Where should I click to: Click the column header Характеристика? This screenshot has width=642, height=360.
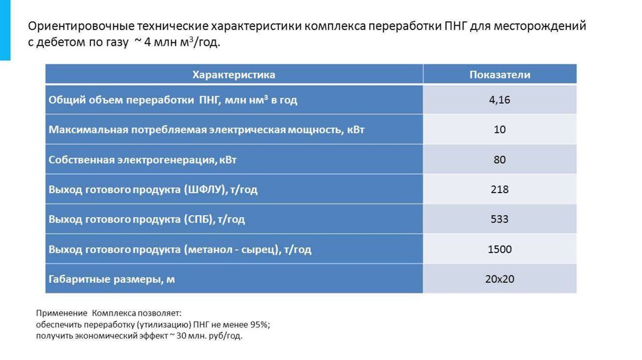click(233, 75)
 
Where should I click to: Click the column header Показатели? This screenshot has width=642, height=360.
click(500, 75)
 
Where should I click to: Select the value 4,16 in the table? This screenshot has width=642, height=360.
click(500, 100)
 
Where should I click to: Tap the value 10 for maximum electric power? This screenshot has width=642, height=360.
click(500, 130)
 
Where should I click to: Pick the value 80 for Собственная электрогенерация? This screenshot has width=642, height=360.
click(500, 160)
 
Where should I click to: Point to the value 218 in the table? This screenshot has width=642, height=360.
click(500, 189)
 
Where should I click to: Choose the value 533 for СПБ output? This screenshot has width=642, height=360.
click(500, 220)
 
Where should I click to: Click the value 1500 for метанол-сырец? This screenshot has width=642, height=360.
click(500, 250)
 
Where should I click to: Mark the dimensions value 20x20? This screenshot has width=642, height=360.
click(500, 279)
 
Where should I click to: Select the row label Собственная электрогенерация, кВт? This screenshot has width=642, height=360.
click(142, 160)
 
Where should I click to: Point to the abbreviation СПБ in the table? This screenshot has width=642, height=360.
click(198, 220)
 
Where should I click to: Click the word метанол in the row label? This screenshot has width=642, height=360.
click(209, 250)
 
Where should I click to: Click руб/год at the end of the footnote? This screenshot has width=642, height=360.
click(224, 336)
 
